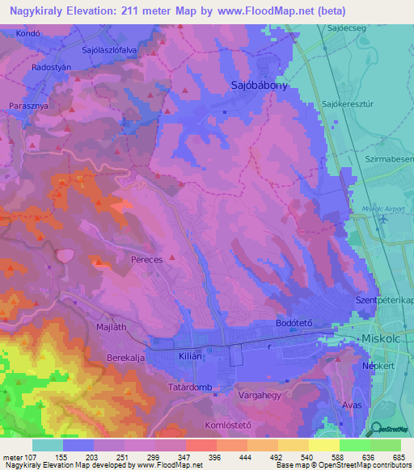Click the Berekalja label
(129, 355)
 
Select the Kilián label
(191, 355)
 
